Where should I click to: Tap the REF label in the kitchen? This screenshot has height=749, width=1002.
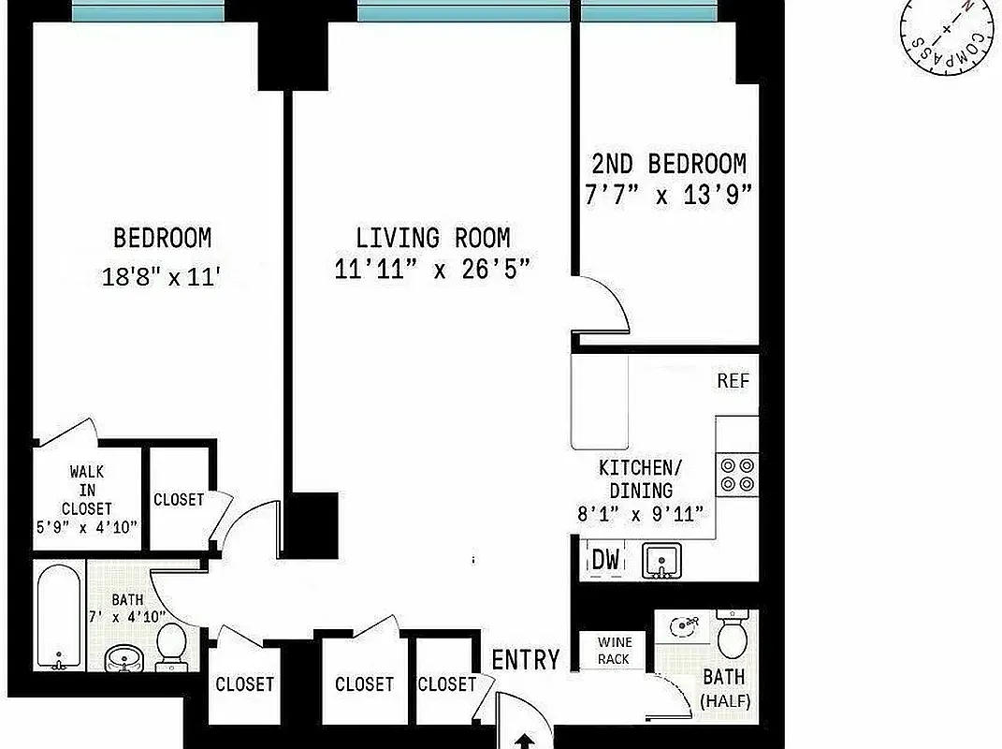(733, 382)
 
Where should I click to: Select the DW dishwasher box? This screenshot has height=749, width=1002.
(605, 561)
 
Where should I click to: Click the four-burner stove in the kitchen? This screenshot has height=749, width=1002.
(736, 475)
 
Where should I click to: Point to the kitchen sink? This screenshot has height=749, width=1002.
(661, 561)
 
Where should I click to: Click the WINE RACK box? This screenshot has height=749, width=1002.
(615, 651)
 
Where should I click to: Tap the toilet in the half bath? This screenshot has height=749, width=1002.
(731, 636)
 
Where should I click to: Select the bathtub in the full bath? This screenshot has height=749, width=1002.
(59, 616)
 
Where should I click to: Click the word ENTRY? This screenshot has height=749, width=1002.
(526, 660)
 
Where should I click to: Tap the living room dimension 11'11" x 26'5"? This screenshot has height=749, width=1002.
(432, 269)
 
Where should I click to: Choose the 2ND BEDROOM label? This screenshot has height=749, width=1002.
(669, 165)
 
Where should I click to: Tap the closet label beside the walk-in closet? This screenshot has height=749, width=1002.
(178, 500)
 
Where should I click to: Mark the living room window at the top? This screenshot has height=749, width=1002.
(464, 11)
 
